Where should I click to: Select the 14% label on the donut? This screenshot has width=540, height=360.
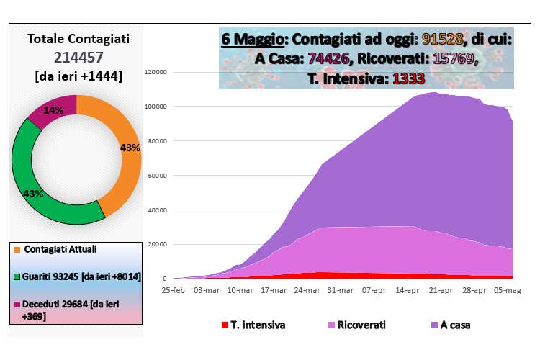click(x=53, y=110)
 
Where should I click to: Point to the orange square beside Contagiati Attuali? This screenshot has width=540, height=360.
click(x=17, y=249)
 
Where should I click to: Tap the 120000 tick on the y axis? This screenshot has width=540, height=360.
click(x=156, y=72)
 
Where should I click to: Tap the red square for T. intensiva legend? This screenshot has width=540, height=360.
click(x=225, y=325)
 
